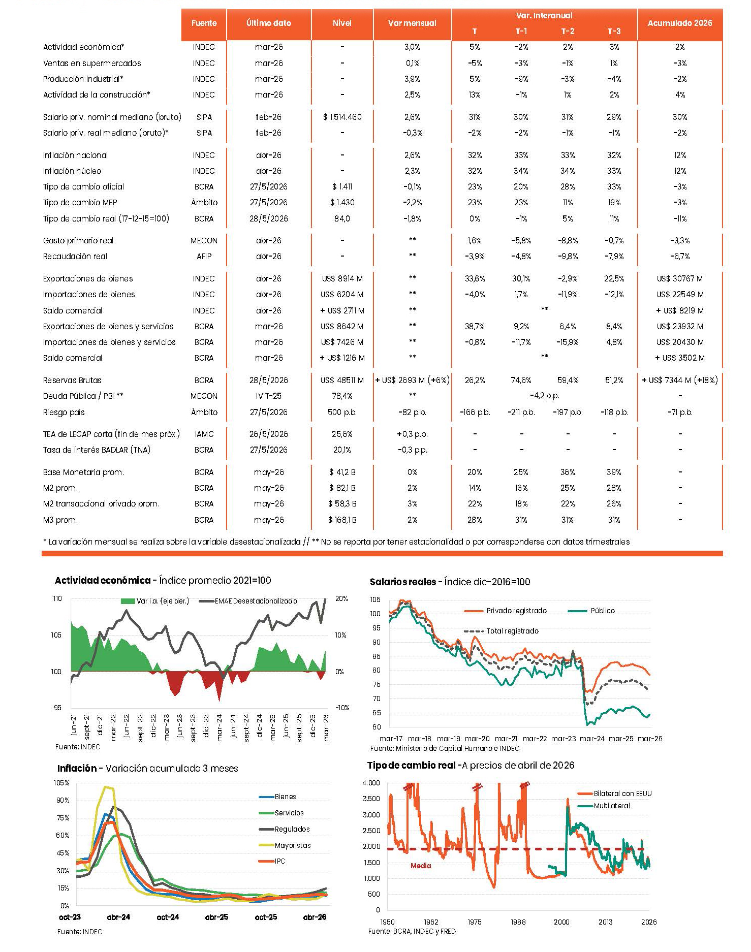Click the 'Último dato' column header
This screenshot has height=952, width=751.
coord(268,23)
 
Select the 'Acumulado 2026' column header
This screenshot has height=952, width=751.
coord(679,23)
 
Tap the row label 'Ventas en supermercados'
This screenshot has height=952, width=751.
coord(92,63)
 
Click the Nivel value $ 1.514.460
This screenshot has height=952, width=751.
coord(342,117)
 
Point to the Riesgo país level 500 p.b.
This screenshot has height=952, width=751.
coord(342,412)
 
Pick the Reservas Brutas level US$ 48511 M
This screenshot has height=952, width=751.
coord(342,380)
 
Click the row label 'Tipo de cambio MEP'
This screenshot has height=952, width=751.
coord(80,202)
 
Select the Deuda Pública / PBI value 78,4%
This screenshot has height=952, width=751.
coord(342,396)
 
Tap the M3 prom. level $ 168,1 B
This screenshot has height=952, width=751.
coord(342,520)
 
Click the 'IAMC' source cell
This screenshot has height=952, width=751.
coord(204,434)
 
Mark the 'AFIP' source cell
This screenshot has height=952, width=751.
coord(204,256)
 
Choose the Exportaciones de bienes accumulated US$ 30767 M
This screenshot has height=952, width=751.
coord(679,278)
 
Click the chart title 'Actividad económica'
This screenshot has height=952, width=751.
coord(103,580)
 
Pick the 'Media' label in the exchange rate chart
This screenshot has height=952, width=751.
coord(421,866)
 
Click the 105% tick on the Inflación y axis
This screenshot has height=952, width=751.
coord(61,783)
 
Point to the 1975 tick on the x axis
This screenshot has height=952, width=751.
coord(474,922)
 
